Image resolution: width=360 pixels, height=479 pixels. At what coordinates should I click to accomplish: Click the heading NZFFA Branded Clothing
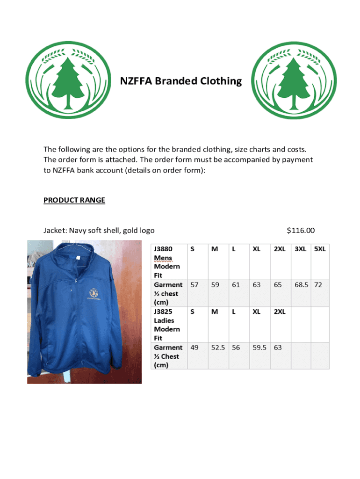pos(181,81)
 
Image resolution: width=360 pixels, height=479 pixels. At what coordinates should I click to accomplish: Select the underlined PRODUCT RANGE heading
pos(74,200)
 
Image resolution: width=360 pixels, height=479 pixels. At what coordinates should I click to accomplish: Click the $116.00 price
pos(301,230)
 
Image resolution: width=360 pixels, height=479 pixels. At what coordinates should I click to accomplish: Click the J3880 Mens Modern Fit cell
pos(167,262)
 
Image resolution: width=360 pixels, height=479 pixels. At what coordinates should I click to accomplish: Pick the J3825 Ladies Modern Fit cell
pos(167,325)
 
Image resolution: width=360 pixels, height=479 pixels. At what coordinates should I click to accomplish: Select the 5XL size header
pos(320,249)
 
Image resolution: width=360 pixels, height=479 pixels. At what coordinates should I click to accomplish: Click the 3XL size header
pos(300,249)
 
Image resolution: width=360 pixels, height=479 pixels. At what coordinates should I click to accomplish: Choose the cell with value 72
pos(318,284)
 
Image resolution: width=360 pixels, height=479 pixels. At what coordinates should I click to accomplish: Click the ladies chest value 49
pos(194,348)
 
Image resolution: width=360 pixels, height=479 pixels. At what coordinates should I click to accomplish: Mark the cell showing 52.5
pos(218,348)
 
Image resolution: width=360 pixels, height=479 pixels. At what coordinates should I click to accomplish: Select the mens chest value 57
pos(194,284)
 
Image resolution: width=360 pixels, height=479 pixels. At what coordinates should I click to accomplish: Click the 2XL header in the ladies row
pos(280,312)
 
